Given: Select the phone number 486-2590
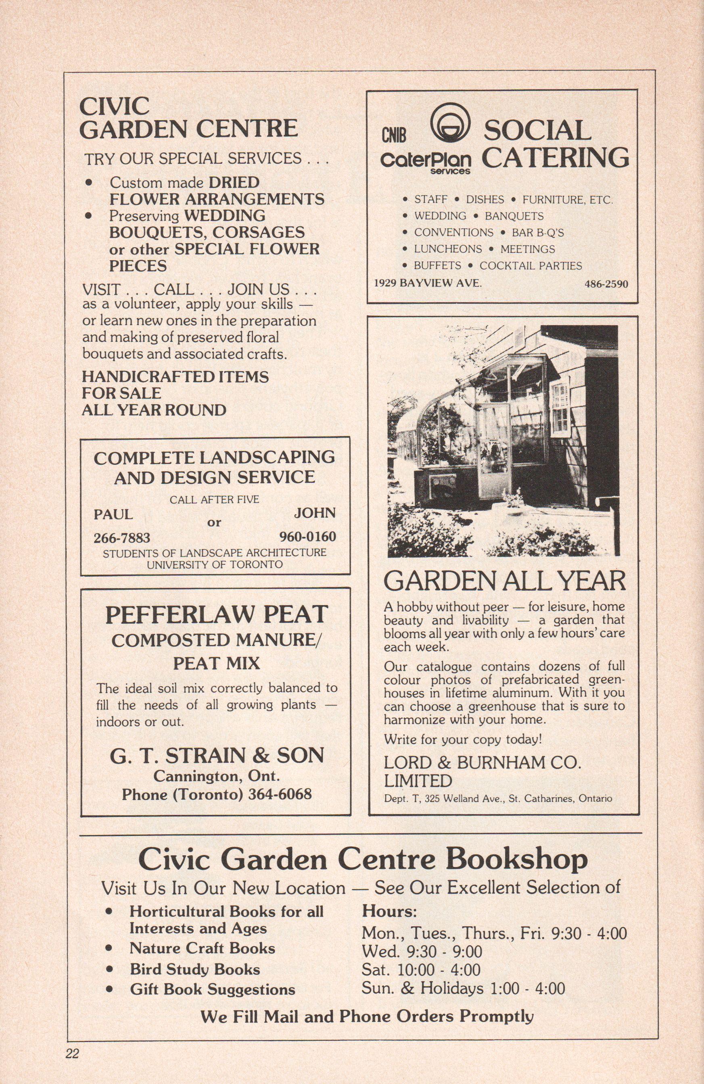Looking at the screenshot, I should [606, 284].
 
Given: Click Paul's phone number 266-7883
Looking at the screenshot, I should [122, 538].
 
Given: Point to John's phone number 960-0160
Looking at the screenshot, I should [308, 537].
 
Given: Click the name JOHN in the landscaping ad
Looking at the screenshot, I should [315, 513].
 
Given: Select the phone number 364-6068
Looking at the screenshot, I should [280, 794].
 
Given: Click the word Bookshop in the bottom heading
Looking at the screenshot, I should [516, 859].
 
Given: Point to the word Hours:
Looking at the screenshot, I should [389, 910].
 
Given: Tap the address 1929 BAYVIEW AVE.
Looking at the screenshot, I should [428, 283].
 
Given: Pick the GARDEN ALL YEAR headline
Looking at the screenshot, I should [505, 581].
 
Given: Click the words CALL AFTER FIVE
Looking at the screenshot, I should [215, 500].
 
